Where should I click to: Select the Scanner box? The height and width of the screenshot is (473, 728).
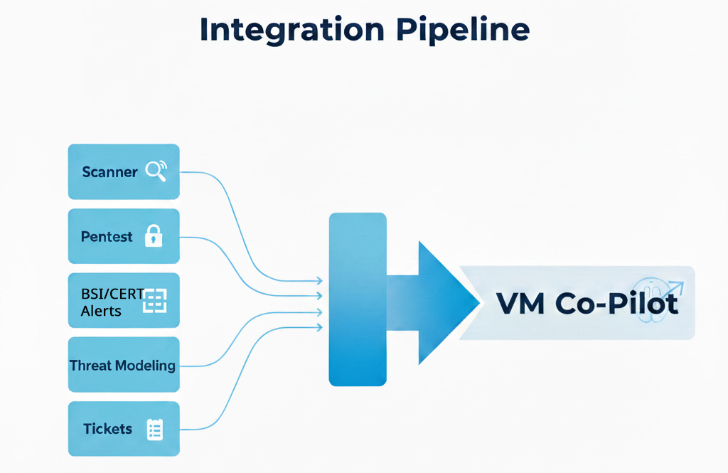tap(124, 171)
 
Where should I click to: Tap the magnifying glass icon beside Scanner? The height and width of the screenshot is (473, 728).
tap(155, 171)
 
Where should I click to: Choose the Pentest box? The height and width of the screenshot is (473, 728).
tap(124, 236)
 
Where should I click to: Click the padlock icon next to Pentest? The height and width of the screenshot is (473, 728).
tap(154, 236)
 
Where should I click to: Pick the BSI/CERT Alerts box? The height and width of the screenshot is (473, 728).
tap(124, 300)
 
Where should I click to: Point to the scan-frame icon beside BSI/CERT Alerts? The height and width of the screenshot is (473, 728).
tap(154, 301)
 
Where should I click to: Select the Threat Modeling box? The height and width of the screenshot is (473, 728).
tap(124, 365)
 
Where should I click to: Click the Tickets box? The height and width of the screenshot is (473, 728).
tap(124, 429)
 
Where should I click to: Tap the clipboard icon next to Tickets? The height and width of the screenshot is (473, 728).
tap(154, 429)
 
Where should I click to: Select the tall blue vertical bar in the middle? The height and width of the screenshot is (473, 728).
tap(358, 299)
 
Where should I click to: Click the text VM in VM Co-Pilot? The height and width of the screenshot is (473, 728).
tap(520, 304)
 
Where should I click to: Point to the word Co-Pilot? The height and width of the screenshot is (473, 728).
tap(617, 304)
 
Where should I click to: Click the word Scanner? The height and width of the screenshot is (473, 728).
tap(109, 171)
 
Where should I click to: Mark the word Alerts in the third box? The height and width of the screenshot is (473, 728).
tap(101, 311)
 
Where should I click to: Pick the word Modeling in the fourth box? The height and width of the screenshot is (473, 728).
tap(146, 366)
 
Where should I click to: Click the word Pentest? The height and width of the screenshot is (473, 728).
tap(107, 237)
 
